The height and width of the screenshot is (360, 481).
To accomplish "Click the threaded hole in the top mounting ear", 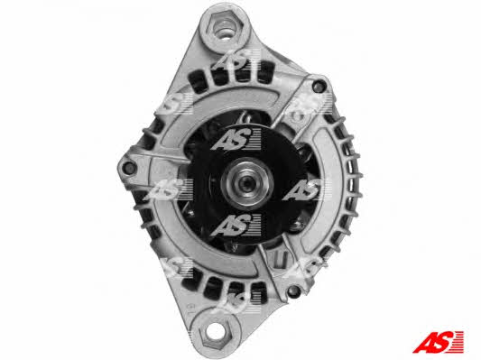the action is (224, 30).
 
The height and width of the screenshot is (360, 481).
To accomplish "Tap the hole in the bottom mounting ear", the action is (216, 331).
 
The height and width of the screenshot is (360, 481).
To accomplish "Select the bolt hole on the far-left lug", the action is (129, 168).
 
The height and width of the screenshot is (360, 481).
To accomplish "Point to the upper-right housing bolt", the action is (319, 86).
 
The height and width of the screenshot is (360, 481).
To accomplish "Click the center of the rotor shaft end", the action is (246, 183).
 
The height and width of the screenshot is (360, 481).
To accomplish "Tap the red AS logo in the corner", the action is (438, 342).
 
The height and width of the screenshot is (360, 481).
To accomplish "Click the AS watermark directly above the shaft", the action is (236, 140).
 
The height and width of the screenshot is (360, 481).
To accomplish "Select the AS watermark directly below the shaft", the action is (236, 226).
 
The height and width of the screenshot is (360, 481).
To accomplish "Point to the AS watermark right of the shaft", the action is (307, 189).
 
